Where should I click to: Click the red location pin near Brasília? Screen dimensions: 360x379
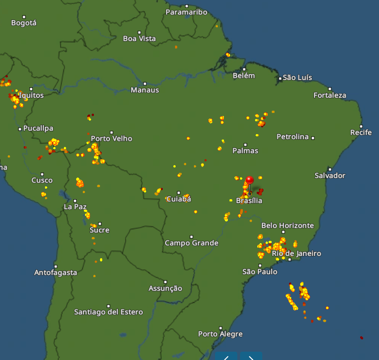click(x=250, y=180)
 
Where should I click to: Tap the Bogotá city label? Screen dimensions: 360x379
click(x=24, y=23)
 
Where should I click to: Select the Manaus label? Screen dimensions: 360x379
click(x=144, y=90)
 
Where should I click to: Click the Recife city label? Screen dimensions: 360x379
click(x=361, y=132)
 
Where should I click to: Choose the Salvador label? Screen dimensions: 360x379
click(x=330, y=176)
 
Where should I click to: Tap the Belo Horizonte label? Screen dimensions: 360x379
click(x=287, y=225)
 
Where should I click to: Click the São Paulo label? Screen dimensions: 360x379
click(x=260, y=272)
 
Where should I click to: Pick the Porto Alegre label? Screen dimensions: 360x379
click(x=220, y=334)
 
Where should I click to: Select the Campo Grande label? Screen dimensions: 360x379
click(x=191, y=243)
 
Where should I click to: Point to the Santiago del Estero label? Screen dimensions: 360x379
click(x=108, y=312)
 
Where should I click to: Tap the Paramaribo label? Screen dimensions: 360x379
click(x=186, y=12)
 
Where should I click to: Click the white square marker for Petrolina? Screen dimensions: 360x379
click(x=313, y=137)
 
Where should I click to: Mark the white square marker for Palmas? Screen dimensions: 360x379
click(x=245, y=145)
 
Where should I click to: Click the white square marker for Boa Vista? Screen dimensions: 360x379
click(x=139, y=32)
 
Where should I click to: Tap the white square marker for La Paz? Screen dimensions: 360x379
click(x=75, y=200)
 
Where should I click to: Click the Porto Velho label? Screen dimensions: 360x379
click(x=111, y=139)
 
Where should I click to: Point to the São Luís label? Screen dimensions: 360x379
click(x=297, y=77)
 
